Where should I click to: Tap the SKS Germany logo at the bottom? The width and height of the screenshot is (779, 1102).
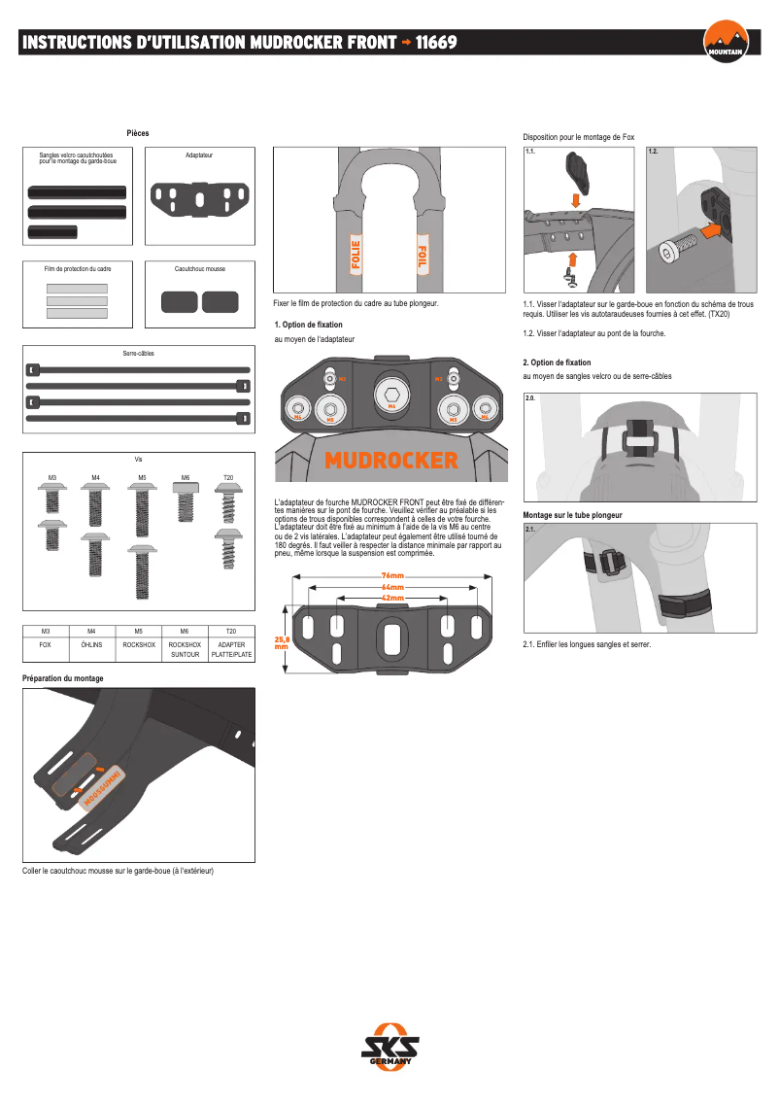click(390, 1048)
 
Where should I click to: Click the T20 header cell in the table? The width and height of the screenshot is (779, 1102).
click(229, 631)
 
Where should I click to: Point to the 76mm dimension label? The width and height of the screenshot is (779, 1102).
click(392, 576)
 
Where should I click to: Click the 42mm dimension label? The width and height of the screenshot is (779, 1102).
click(392, 598)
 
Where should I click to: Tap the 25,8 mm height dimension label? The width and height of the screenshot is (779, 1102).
click(282, 642)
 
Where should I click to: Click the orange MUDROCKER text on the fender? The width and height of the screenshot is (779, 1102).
click(391, 460)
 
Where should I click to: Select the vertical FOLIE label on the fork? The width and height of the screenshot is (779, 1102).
click(355, 257)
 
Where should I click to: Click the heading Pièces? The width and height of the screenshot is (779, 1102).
click(138, 133)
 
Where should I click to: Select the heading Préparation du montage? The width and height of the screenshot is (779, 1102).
click(62, 678)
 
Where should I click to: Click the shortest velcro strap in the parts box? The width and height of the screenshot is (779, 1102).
click(52, 231)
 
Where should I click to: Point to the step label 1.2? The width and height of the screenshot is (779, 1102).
click(653, 153)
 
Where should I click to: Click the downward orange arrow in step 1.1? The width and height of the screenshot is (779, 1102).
click(576, 200)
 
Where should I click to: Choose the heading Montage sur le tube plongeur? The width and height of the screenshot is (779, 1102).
click(572, 515)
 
